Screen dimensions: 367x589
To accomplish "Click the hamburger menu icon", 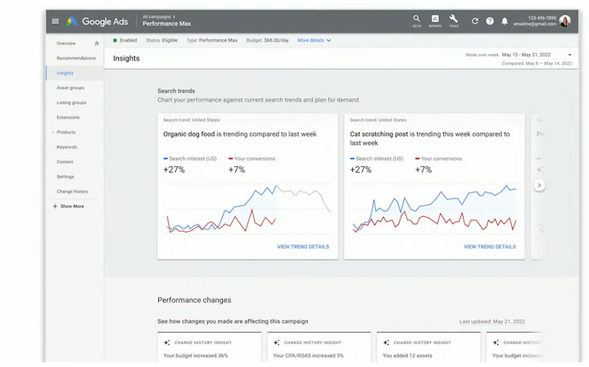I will (55, 20).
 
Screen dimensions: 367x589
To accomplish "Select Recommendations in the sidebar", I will (75, 58).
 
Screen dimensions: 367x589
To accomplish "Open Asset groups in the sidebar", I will (70, 88).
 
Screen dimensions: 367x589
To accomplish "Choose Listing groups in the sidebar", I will (71, 102).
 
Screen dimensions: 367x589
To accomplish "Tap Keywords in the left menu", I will (66, 147).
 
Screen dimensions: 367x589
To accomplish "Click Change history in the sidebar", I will (72, 191).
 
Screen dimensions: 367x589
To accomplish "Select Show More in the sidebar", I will (71, 206).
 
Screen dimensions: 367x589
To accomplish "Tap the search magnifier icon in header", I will (416, 19).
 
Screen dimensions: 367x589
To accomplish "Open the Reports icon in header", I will (435, 19).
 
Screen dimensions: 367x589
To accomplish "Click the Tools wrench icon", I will (454, 19).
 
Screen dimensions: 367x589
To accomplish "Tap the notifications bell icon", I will (505, 20).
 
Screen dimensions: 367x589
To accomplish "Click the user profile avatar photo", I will (565, 20).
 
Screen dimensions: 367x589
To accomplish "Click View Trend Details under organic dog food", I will (303, 247).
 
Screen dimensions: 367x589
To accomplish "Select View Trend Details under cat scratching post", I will (490, 247).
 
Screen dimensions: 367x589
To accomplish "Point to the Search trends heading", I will (176, 91).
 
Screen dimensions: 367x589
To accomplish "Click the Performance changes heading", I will (194, 300).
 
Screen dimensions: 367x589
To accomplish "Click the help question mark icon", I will (490, 20).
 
